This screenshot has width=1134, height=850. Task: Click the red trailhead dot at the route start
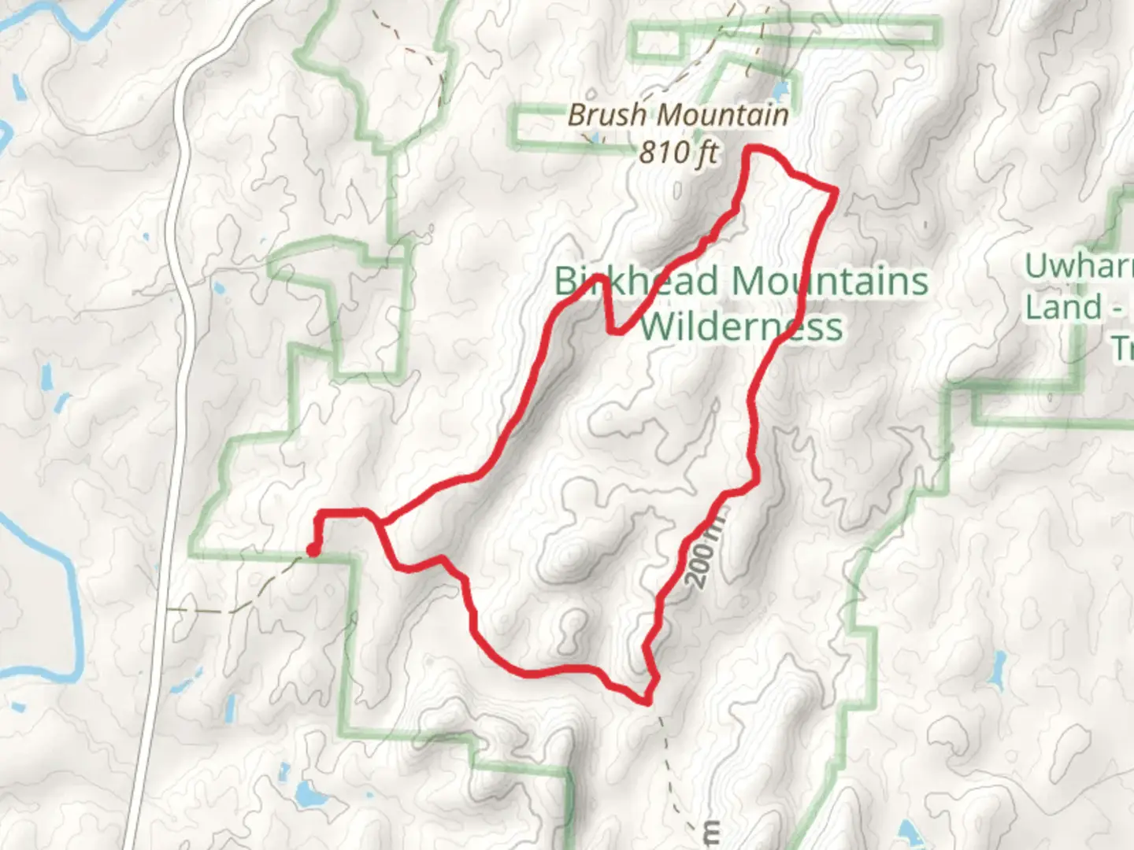313,550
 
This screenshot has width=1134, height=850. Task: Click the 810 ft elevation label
678,151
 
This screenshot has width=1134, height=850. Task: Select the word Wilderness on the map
740,326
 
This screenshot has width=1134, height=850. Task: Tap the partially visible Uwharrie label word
1079,266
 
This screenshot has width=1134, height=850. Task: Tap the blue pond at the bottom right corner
910,830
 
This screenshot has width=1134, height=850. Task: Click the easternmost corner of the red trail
833,190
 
